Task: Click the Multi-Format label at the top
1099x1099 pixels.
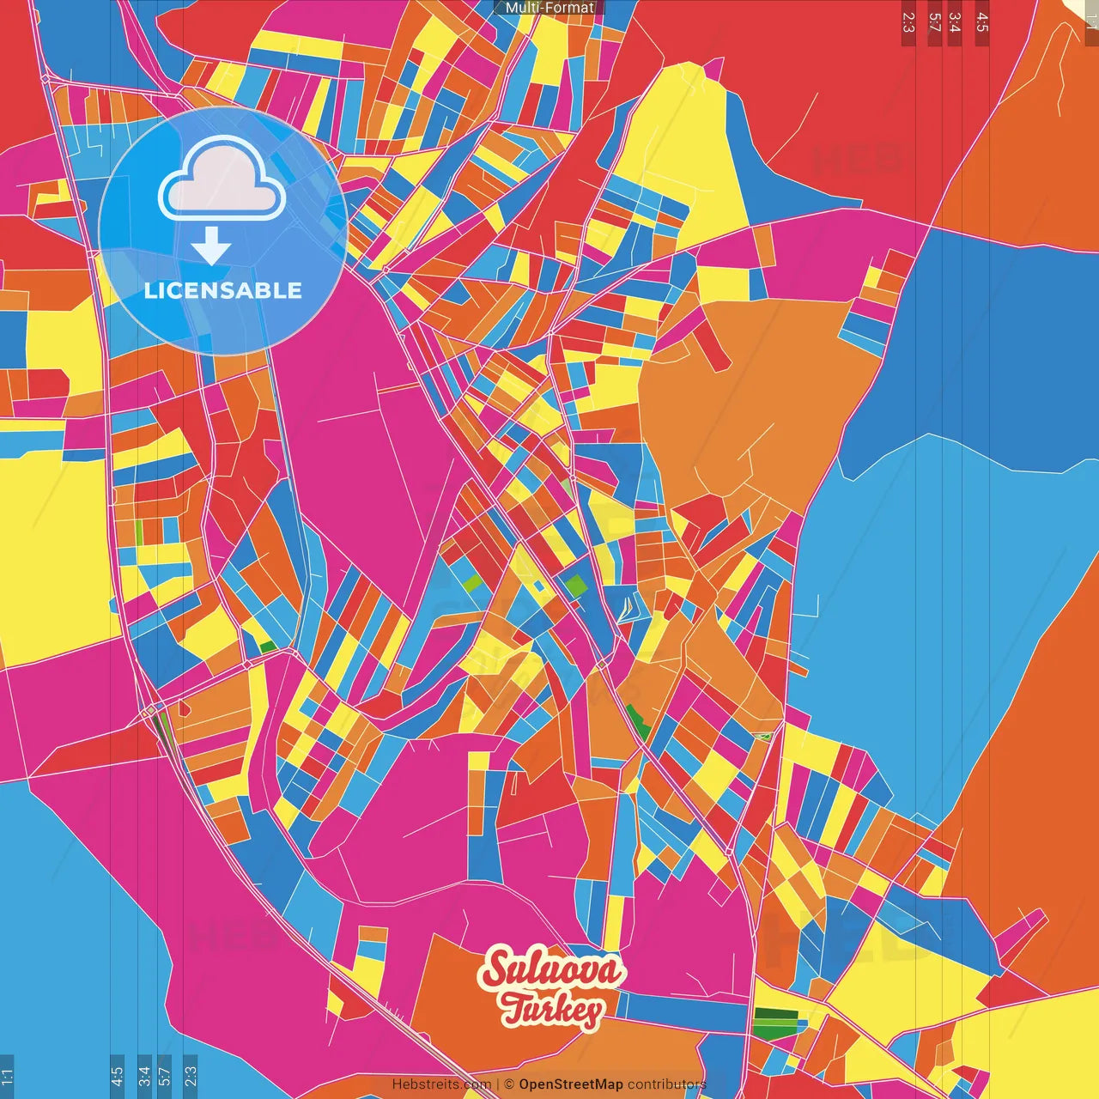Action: tap(549, 8)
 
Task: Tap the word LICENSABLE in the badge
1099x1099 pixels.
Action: tap(222, 290)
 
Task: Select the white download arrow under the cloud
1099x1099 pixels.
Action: tap(211, 246)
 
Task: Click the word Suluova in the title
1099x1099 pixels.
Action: tap(552, 970)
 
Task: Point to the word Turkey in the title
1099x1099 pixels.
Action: tap(552, 1010)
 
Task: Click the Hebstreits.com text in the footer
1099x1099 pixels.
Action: tap(441, 1084)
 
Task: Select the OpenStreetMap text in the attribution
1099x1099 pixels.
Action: tap(570, 1084)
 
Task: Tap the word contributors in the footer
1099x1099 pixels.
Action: tap(666, 1084)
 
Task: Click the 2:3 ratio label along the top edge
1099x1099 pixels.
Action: tap(908, 22)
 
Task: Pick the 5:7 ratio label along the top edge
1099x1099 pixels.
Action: tap(934, 22)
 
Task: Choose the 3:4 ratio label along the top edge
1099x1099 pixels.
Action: tap(954, 22)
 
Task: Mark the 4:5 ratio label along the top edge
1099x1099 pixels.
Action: tap(982, 22)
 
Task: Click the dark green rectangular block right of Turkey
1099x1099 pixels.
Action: tap(774, 1023)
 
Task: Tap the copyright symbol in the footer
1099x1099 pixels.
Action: tap(509, 1084)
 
